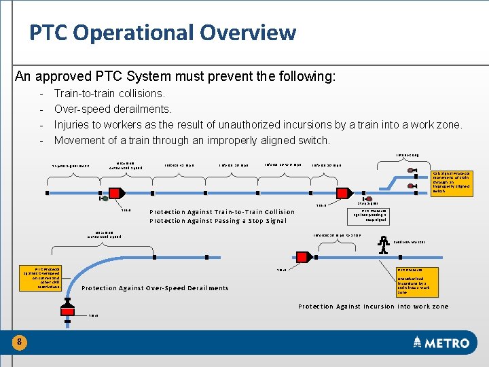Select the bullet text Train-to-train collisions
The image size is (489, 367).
tap(109, 94)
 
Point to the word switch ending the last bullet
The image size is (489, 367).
tap(313, 140)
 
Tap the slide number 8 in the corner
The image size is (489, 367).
tap(20, 343)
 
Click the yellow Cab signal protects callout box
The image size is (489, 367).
tap(451, 182)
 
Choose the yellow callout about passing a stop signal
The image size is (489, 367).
tap(369, 215)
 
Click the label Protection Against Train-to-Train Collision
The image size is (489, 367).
tap(222, 212)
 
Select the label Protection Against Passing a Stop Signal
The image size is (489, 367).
tap(218, 221)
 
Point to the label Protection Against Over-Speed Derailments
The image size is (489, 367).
tap(155, 288)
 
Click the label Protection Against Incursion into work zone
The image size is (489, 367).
tap(374, 307)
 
